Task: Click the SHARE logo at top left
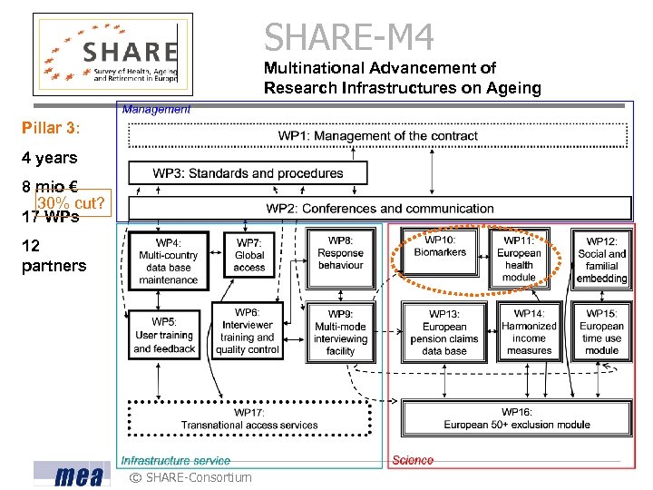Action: coord(113,54)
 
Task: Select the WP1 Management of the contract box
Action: coord(378,136)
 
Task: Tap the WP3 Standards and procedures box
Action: coord(248,172)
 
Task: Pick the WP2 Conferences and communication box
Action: coord(379,209)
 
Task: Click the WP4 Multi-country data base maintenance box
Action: coord(168,261)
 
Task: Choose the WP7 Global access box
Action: coord(249,255)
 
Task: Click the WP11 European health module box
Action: coord(519,259)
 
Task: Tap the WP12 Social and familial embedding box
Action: coord(601,260)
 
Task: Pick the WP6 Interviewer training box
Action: coord(247,331)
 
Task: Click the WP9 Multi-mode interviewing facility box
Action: coord(340,332)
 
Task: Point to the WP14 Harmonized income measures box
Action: coord(529,332)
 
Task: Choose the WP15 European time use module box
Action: coord(601,332)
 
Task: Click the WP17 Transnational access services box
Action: coord(249,418)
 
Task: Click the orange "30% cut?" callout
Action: coord(71,203)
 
